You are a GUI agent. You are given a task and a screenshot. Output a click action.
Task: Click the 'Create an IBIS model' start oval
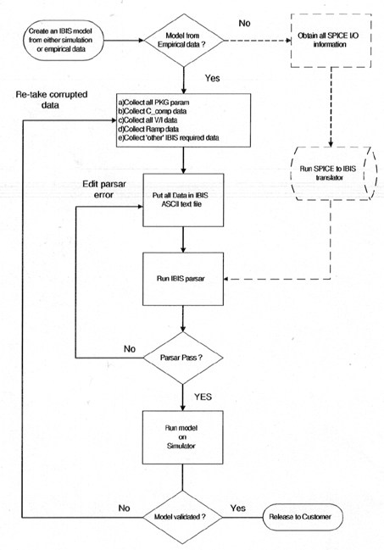tap(64, 41)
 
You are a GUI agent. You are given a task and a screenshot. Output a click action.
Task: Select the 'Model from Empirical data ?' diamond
tap(184, 41)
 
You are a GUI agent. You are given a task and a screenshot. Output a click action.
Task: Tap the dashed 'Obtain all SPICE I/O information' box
tap(331, 41)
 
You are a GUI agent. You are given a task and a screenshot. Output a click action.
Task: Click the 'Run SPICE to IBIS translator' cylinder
tap(333, 173)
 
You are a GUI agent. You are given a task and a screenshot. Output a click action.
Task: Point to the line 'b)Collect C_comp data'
tap(153, 111)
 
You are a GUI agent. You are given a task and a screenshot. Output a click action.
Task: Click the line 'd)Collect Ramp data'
tap(148, 129)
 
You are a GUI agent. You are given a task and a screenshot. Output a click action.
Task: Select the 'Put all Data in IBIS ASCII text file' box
tap(183, 200)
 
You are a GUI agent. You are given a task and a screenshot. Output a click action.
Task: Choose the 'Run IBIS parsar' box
tap(183, 279)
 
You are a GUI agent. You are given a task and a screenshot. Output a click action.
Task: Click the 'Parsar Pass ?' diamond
tap(183, 358)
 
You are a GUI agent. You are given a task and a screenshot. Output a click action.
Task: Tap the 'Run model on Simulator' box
tap(182, 437)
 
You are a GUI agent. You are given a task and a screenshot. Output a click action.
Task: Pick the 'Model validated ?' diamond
tap(182, 517)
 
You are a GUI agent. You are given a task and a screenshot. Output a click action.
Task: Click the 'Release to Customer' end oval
tap(303, 517)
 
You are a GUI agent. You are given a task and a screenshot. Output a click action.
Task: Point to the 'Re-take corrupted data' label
tap(51, 100)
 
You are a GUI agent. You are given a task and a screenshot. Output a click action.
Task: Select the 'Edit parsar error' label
tap(104, 190)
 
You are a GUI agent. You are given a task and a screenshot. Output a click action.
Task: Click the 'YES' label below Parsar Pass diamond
tap(203, 397)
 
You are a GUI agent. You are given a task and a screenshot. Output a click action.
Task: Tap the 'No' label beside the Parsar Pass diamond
tap(130, 348)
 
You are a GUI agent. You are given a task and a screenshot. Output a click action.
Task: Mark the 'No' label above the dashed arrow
tap(244, 23)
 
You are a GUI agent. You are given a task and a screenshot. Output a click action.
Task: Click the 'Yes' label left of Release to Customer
tap(237, 508)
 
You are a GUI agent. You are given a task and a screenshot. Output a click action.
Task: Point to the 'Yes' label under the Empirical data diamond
tap(213, 78)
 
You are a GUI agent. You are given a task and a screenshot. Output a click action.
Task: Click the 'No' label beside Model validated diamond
tap(125, 508)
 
